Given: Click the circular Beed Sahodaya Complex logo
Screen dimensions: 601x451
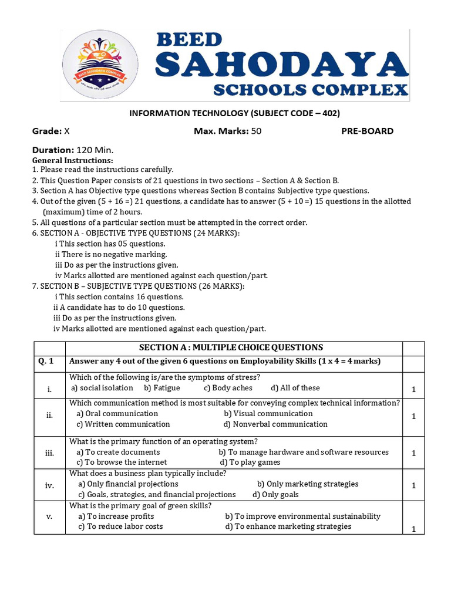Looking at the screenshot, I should coord(100,64).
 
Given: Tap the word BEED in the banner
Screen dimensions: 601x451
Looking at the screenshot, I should coord(189,40).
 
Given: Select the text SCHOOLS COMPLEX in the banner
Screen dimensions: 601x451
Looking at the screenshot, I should coord(310,90).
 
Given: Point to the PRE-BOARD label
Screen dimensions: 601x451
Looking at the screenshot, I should coord(368,131).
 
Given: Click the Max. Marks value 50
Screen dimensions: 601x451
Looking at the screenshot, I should coord(256,131).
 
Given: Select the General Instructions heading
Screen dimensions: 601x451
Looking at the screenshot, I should coord(72,160).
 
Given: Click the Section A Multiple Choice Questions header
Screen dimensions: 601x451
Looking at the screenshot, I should coord(230,347).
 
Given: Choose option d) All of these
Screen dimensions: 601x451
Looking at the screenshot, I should coord(295,388).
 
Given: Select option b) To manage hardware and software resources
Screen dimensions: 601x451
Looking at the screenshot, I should coord(304,452).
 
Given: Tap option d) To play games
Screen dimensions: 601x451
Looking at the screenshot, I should coord(250,462).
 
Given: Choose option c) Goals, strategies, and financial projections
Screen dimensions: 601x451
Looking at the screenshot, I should coord(157,494).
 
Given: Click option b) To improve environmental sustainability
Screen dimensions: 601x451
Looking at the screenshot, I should coord(302,516).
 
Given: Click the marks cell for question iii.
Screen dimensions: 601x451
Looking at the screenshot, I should coord(413,453).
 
